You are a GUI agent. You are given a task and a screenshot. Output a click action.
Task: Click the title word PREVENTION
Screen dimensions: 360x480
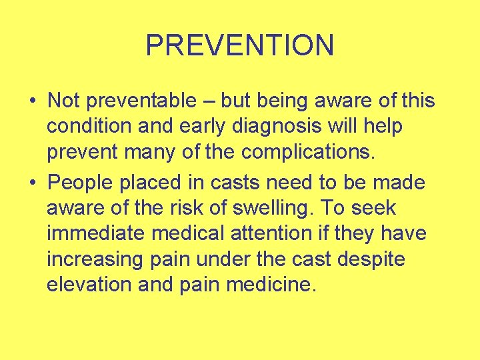tap(239, 45)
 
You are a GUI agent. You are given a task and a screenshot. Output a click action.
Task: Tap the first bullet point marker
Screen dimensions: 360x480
tap(33, 102)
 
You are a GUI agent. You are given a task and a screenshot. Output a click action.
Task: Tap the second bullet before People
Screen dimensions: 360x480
tap(33, 182)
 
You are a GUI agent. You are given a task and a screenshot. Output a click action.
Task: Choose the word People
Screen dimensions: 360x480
tap(85, 182)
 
